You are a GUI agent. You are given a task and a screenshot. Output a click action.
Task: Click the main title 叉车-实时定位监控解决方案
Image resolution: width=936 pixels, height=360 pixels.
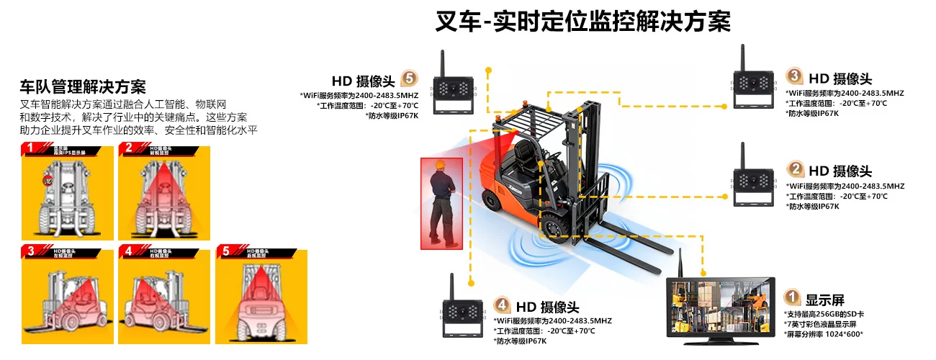[x=582, y=21]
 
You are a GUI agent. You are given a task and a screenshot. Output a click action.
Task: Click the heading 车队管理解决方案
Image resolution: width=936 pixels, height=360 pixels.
[x=83, y=87]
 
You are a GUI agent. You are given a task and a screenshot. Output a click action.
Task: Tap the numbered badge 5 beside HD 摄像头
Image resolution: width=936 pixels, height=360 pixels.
[x=408, y=78]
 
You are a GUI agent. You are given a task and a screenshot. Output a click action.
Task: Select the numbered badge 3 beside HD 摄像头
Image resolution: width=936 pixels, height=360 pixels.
[x=793, y=76]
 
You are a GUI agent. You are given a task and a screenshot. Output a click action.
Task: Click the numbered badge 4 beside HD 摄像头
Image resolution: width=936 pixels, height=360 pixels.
[x=502, y=306]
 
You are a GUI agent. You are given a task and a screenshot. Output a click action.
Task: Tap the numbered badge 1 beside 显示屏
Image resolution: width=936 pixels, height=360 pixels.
[x=792, y=297]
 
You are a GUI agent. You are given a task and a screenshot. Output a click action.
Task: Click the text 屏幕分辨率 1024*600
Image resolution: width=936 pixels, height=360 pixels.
[x=824, y=334]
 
